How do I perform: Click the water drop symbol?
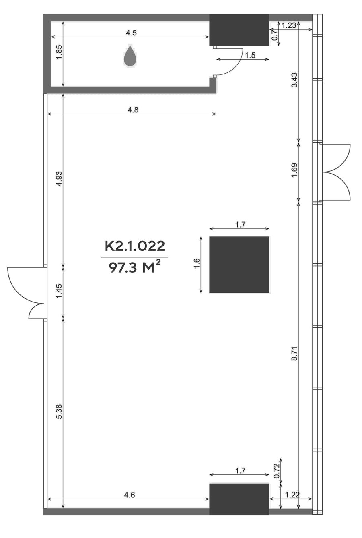pos(130,55)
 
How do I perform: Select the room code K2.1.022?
pos(135,246)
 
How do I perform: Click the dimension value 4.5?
pos(131,33)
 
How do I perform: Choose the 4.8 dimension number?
pos(133,110)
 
